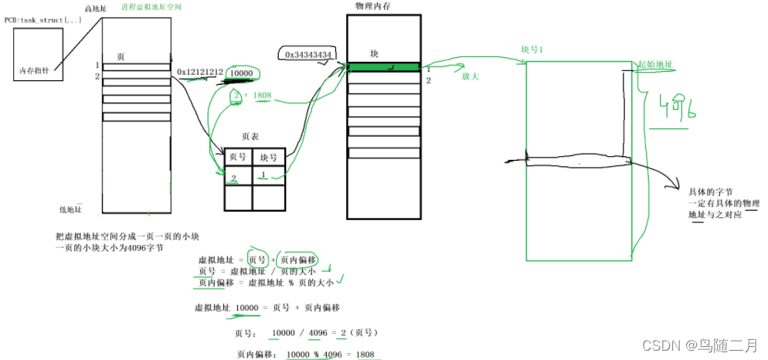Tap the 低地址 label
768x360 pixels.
(70, 209)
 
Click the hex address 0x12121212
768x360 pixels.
(200, 73)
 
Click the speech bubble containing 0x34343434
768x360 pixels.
(308, 54)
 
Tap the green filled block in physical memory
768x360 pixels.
(383, 68)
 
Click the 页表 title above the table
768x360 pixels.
(250, 135)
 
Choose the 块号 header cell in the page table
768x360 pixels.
(269, 156)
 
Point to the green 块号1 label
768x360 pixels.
(533, 49)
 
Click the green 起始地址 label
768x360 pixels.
(653, 65)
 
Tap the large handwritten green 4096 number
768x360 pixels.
(674, 109)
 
